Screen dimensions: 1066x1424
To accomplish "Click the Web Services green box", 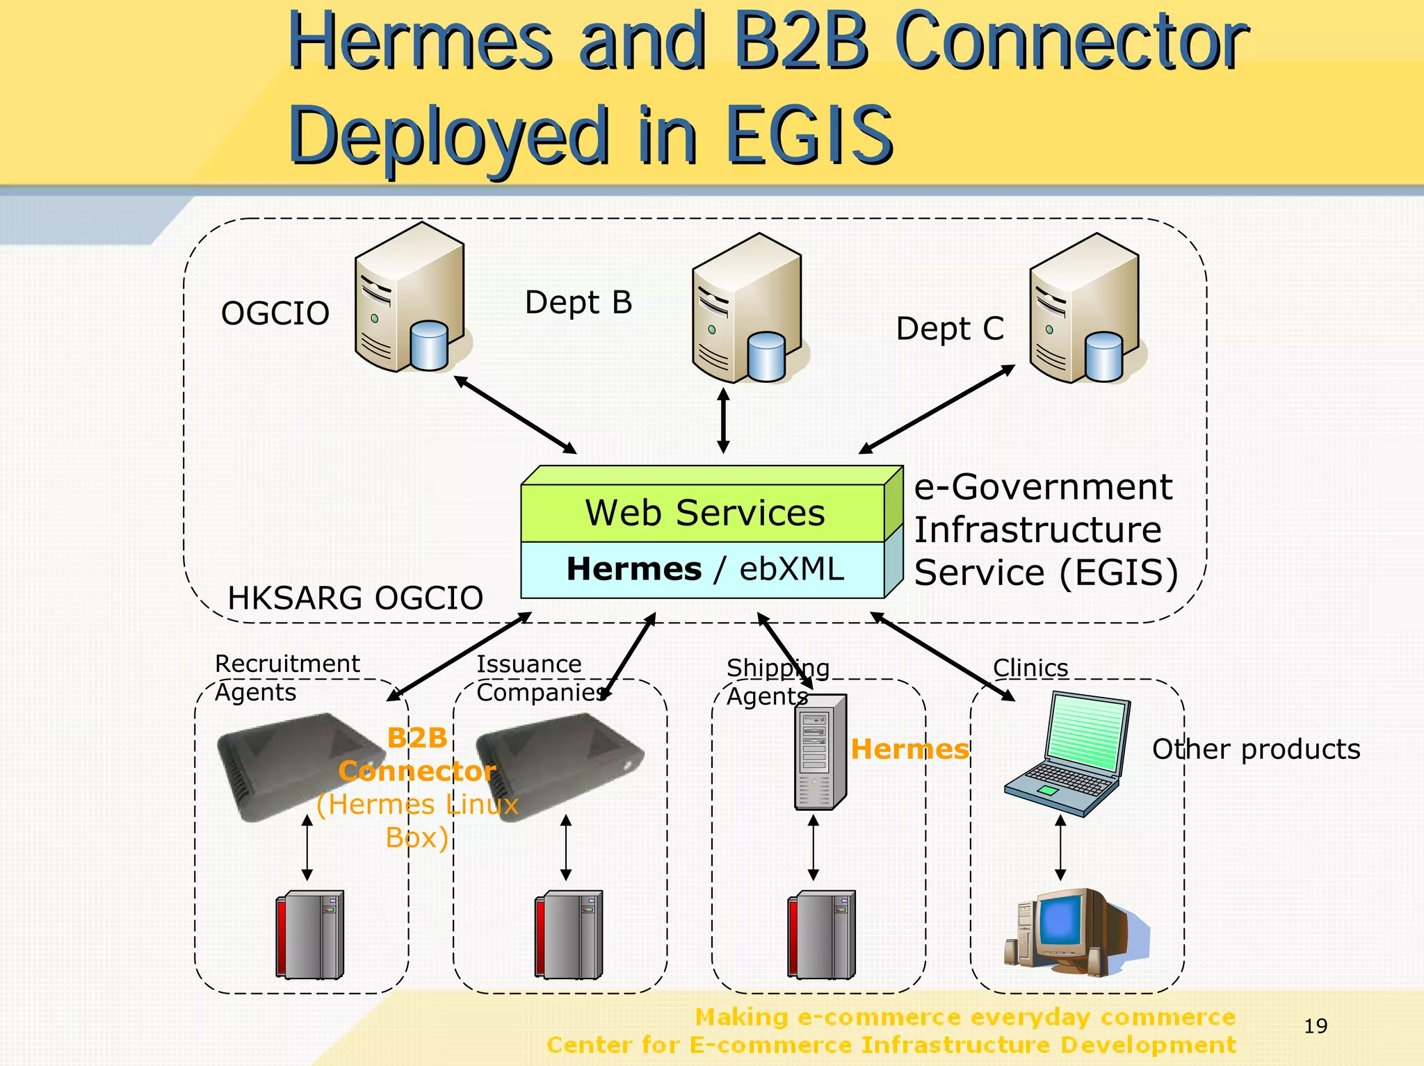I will [704, 513].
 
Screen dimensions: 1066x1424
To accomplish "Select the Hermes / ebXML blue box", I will [704, 569].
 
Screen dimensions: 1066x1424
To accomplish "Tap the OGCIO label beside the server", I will [275, 313].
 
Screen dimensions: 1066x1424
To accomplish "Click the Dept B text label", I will [578, 302].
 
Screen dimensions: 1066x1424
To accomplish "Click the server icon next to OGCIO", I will [410, 299].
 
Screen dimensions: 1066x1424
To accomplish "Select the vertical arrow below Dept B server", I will [723, 420].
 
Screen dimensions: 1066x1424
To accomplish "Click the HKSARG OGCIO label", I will [355, 598].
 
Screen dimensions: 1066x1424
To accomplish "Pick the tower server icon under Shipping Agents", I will [820, 752].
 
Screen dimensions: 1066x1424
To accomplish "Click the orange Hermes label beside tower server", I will [909, 749].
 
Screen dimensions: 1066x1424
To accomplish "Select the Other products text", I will [1256, 749].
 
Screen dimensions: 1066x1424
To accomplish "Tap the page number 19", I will [1316, 1026].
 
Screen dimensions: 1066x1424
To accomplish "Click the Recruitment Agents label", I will [286, 678].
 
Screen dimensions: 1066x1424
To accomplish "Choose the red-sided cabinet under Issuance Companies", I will [568, 935].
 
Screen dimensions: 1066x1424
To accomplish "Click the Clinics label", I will [1030, 668].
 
